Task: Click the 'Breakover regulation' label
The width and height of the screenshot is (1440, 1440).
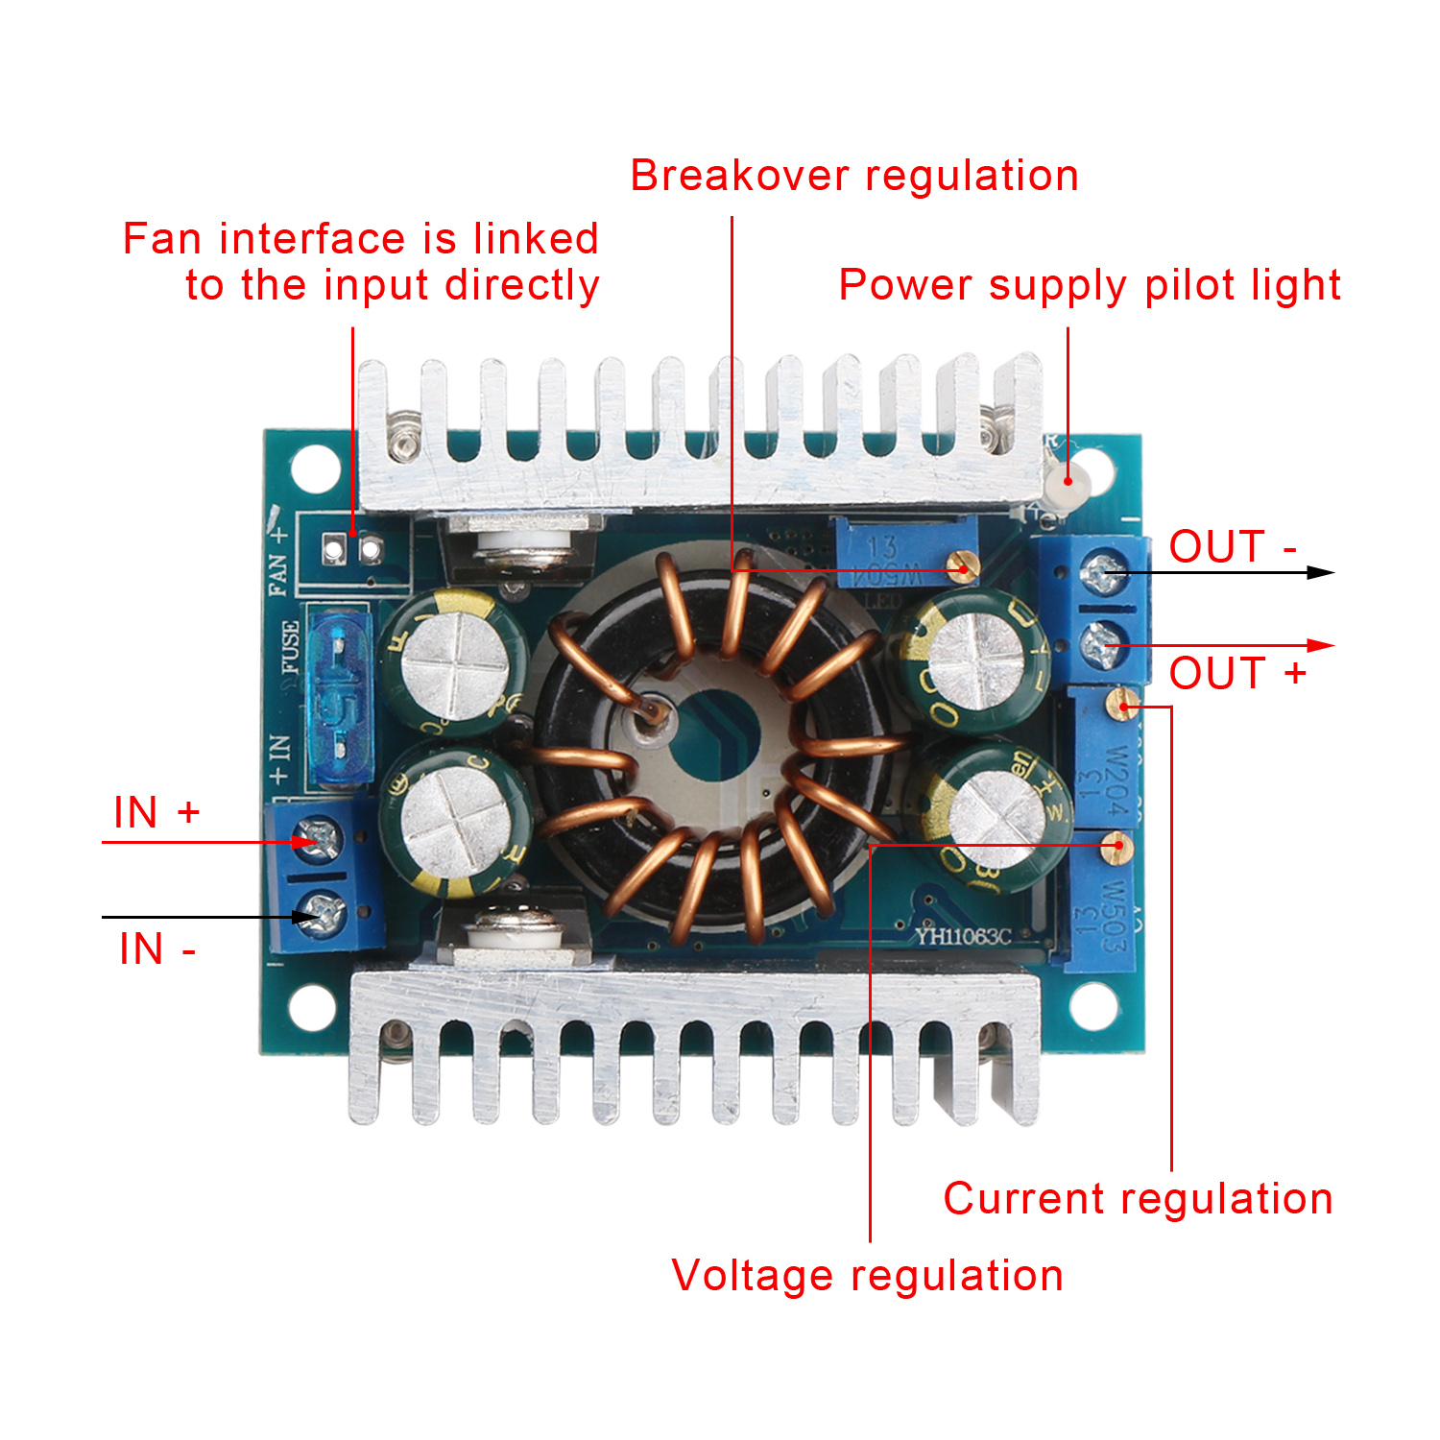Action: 854,176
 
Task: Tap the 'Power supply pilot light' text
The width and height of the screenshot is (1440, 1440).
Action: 1090,285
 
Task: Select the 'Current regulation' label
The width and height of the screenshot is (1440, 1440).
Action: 1138,1199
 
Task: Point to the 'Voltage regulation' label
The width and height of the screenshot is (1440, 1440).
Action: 867,1276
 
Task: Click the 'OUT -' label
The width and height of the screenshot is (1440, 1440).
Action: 1233,547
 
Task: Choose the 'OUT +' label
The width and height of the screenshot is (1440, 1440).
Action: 1237,673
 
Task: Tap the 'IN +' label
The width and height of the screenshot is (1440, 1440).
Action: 156,813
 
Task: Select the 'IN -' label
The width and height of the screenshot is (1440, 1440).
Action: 157,949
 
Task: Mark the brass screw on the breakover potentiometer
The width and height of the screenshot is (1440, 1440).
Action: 962,565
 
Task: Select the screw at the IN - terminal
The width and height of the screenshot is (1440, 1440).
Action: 324,913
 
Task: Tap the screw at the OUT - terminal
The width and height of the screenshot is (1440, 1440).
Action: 1101,574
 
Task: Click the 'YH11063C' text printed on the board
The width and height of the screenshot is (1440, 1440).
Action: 963,935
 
